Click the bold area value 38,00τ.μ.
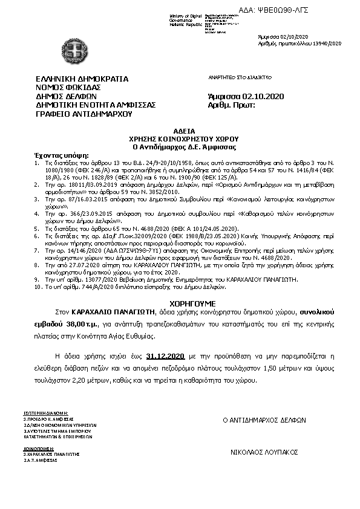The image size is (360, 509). coord(70,325)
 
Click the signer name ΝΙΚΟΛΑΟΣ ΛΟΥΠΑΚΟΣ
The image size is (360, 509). coord(264,452)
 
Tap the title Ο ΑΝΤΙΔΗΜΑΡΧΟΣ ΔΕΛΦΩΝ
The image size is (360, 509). coord(265,420)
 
